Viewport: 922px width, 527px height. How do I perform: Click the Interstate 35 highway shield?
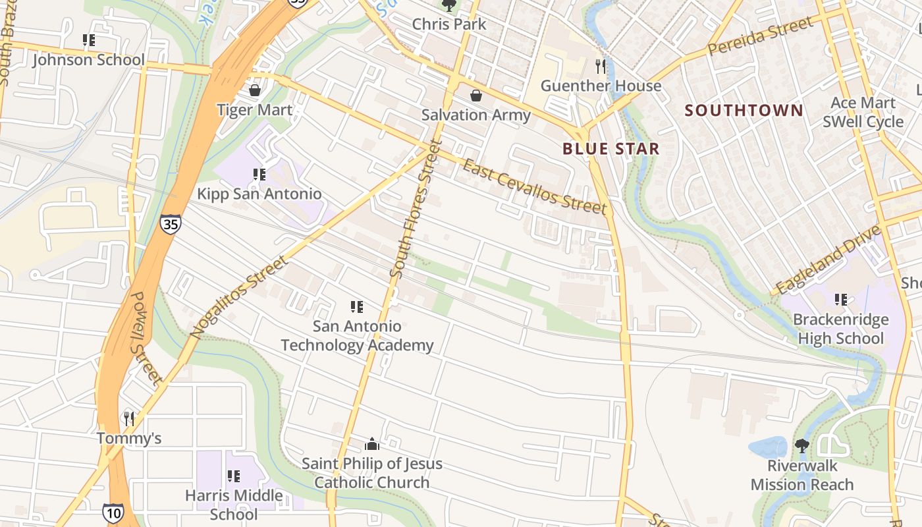coord(170,224)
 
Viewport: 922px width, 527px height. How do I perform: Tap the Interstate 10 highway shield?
coord(113,512)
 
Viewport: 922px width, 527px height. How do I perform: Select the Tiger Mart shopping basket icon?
coord(255,90)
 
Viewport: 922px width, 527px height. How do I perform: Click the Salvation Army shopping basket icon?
coord(475,96)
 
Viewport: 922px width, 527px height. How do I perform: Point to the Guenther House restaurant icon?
coord(600,66)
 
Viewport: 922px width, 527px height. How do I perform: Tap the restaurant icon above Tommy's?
coord(129,418)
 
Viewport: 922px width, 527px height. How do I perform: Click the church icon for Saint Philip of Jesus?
coord(372,444)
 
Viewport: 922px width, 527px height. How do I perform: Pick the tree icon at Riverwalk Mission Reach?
coord(801,446)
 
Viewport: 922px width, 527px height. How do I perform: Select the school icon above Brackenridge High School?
coord(840,300)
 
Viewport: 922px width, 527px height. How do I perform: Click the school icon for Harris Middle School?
coord(233,476)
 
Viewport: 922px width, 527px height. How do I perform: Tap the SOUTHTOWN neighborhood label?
coord(744,110)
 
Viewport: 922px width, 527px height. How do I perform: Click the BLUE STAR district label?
coord(611,149)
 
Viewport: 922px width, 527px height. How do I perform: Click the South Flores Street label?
coord(415,208)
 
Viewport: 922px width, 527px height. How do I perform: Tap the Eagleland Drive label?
coord(828,260)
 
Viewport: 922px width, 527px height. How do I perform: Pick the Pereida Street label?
coord(761,38)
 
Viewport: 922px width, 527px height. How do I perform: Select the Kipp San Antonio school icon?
coord(259,175)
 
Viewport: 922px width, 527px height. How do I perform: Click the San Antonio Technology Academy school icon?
coord(357,306)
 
